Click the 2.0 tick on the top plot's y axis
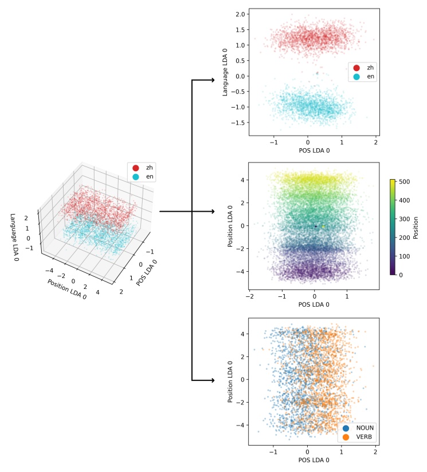tap(241, 14)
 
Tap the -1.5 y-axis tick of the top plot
tap(238, 122)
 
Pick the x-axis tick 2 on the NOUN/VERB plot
tap(375, 451)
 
